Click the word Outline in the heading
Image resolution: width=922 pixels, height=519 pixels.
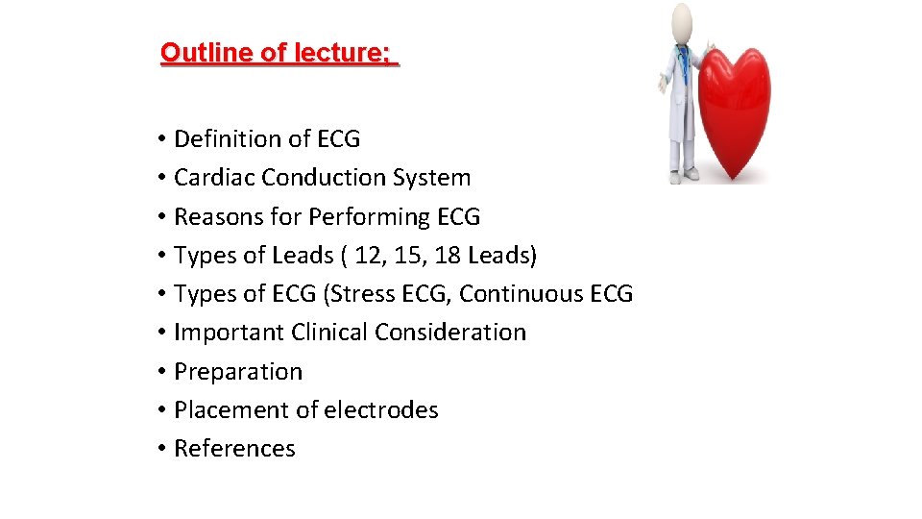click(x=198, y=52)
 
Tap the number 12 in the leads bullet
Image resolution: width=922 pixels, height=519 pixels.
click(x=367, y=256)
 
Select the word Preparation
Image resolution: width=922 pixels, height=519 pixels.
click(x=238, y=372)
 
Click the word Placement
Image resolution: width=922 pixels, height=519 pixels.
click(x=231, y=410)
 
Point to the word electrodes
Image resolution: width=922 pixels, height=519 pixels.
click(x=380, y=410)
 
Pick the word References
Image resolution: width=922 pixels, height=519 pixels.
click(x=234, y=449)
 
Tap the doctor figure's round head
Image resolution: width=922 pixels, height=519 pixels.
click(x=682, y=21)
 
